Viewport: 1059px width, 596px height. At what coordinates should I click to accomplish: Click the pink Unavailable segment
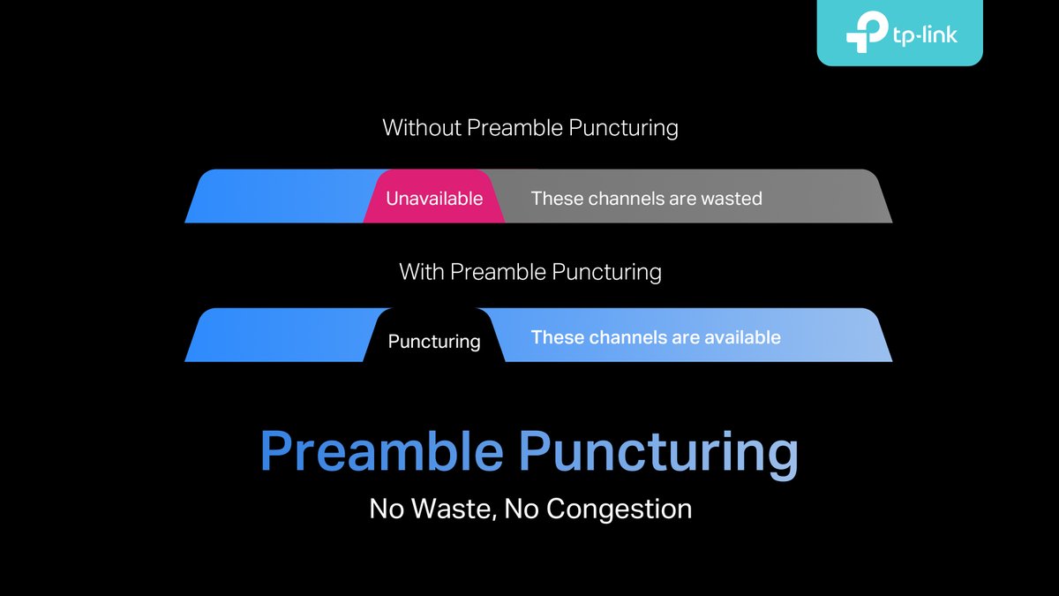[434, 198]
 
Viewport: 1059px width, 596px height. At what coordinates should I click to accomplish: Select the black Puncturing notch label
[434, 341]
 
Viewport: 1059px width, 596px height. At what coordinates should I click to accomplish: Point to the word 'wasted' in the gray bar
[732, 198]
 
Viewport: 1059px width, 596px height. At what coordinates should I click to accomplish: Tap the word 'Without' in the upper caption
[421, 127]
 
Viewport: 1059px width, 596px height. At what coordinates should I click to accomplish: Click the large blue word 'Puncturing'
[658, 453]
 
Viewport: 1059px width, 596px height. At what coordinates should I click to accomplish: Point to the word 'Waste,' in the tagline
[455, 509]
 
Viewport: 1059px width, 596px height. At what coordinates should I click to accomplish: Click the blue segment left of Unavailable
[282, 196]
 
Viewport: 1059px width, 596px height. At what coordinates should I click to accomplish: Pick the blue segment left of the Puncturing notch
[282, 336]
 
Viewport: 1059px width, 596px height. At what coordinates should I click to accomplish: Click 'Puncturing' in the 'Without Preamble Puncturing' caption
[623, 127]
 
